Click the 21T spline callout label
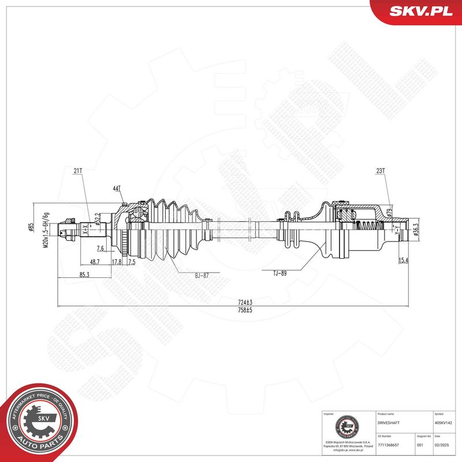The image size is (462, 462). (79, 170)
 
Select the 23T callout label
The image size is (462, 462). (381, 170)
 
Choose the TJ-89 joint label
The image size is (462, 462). (280, 273)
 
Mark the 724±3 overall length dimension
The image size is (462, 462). (246, 302)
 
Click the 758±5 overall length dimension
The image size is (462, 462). (246, 310)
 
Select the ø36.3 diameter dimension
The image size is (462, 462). (416, 232)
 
